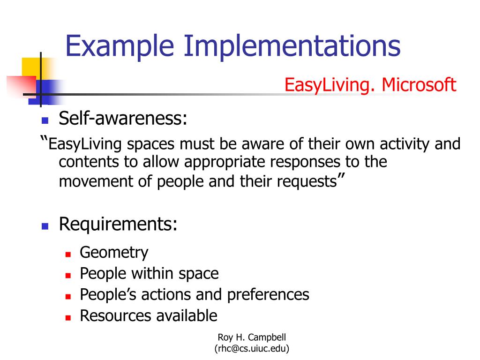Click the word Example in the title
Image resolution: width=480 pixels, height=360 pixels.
[x=120, y=46]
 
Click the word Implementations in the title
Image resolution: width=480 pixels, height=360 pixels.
[x=292, y=45]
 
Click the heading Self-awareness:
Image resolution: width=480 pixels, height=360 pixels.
[x=123, y=118]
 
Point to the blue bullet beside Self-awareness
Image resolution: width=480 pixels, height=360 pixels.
[x=45, y=120]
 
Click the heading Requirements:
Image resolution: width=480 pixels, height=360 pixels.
[x=118, y=224]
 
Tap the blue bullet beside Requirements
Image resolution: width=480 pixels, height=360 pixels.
[x=45, y=226]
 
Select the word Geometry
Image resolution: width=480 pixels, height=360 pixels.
[x=114, y=253]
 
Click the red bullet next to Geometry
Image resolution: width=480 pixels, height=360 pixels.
[x=68, y=254]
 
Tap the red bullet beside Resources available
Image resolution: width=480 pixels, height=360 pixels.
[x=68, y=318]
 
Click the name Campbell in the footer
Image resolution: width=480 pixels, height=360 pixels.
[x=267, y=337]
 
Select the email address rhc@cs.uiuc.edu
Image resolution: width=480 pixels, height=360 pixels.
[x=252, y=348]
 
